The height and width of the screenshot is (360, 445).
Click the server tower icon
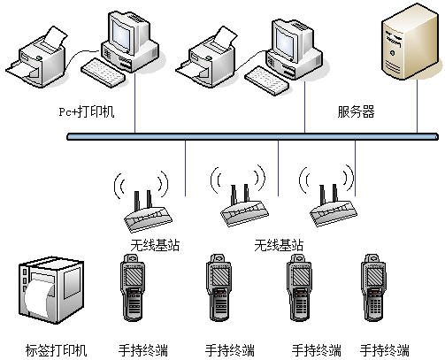coord(410,42)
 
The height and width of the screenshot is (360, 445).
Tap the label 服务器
coord(356,111)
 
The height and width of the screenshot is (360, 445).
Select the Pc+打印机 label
coord(87,111)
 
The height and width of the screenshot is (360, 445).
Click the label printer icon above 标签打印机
coord(51,290)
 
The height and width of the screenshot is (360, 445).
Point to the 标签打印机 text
coord(56,350)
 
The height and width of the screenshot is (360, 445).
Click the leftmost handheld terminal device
coord(133,287)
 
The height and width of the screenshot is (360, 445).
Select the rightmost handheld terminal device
coord(373,287)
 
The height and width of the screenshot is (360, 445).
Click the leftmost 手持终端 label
coord(143,350)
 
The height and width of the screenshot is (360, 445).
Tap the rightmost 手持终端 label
coord(385,350)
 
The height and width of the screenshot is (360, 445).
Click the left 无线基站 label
coord(155,245)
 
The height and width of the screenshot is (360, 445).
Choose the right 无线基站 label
coord(279,245)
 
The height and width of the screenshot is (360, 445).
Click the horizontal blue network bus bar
coord(252,136)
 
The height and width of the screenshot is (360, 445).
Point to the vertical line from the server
coord(417,106)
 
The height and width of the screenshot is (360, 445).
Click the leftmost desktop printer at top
coord(37,57)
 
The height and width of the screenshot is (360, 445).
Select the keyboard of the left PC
coord(104,73)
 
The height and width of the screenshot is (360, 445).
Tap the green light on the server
coord(392,53)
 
